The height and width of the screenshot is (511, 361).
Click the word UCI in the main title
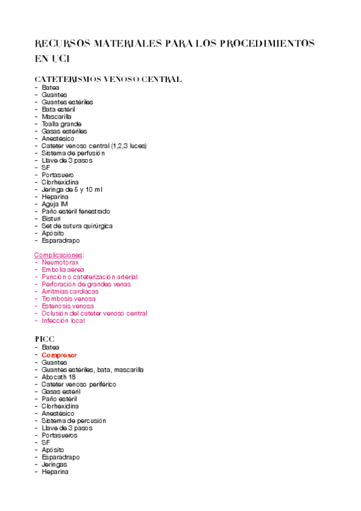point(62,59)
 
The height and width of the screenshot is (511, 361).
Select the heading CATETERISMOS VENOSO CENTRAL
point(108,80)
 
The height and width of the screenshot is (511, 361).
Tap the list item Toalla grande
point(61,124)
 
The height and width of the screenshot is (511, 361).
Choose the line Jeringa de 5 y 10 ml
point(72,189)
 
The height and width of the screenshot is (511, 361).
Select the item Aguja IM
point(55,204)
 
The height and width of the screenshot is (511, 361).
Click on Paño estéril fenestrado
point(76,212)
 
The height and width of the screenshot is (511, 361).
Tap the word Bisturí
point(52,219)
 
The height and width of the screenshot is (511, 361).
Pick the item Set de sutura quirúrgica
point(77,226)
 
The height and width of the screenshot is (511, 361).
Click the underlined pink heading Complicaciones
point(58,255)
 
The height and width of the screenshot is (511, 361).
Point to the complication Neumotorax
point(60,263)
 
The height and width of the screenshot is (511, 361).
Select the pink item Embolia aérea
point(63,270)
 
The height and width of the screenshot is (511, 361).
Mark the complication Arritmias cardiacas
point(71,292)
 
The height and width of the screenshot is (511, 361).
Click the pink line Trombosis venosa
point(69,299)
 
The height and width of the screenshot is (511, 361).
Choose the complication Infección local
point(63,321)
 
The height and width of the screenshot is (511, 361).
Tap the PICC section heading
point(45,339)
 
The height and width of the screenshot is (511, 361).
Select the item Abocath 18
point(58,377)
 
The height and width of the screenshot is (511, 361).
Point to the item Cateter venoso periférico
point(79,384)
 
